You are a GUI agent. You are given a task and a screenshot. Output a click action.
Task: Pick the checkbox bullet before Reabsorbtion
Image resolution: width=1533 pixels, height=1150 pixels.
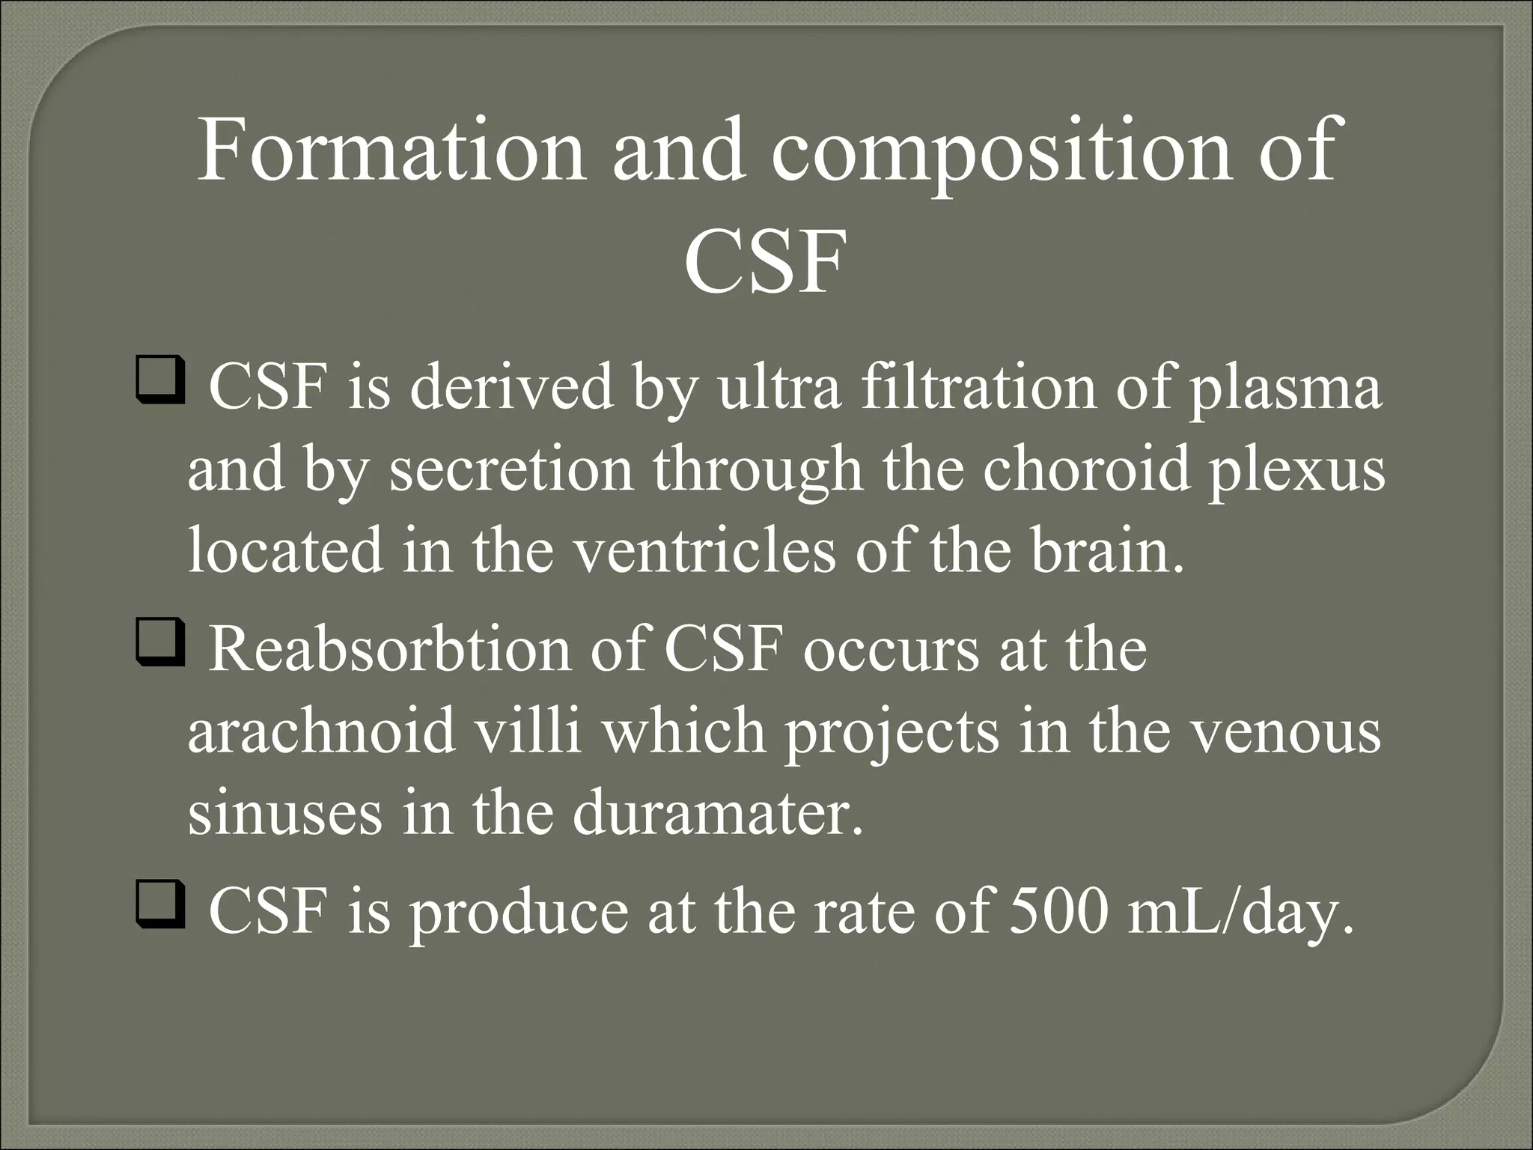(159, 647)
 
